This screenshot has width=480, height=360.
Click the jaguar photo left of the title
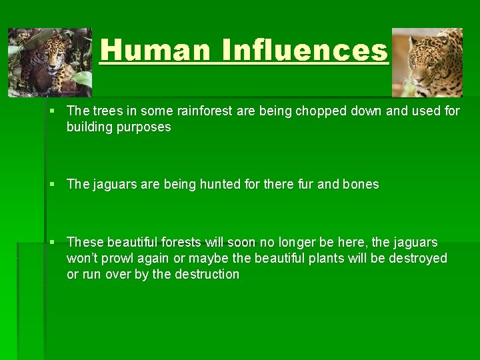tap(50, 63)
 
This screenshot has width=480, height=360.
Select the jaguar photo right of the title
tap(427, 63)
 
